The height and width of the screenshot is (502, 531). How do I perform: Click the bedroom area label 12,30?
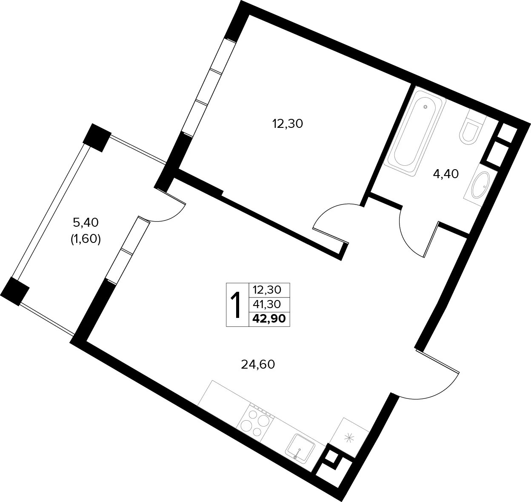click(x=288, y=124)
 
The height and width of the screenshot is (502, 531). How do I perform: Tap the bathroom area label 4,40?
click(x=446, y=174)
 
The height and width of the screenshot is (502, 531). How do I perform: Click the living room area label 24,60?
click(x=258, y=364)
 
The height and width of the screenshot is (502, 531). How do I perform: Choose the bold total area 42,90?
click(x=269, y=319)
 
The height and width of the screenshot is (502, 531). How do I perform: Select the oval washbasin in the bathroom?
click(x=480, y=185)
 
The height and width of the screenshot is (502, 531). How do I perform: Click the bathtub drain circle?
click(x=425, y=107)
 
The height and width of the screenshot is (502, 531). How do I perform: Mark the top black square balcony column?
click(x=97, y=138)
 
